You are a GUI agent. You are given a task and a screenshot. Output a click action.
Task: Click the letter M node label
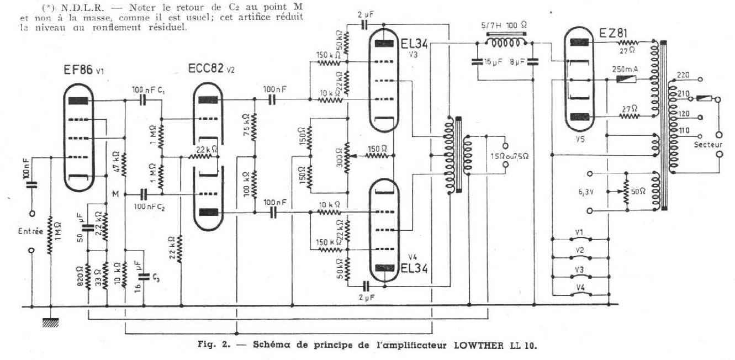115,193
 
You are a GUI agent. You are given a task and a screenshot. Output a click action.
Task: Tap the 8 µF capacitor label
519,63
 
